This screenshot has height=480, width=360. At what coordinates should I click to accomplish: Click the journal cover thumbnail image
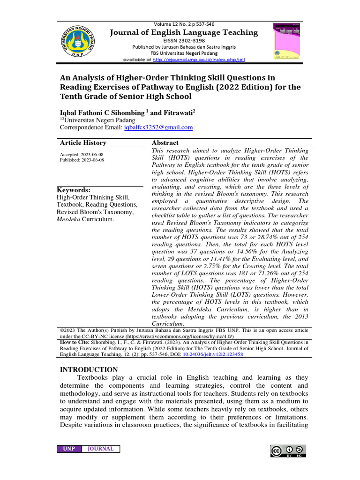point(286,41)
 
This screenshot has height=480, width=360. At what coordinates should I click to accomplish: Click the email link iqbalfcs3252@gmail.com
point(158,127)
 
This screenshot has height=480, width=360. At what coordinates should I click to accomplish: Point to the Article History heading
point(83,143)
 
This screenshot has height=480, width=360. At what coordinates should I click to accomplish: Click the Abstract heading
point(165,143)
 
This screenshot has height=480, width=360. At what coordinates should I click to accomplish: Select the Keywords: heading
point(74,190)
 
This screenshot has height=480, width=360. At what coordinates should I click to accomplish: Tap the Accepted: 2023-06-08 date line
point(82,155)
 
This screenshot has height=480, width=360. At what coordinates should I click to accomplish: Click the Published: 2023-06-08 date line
point(82,160)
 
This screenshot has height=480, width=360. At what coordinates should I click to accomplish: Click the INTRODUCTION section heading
point(89,370)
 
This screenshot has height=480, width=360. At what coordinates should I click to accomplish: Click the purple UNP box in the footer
point(69,449)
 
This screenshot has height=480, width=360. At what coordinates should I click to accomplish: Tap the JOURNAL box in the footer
point(100,449)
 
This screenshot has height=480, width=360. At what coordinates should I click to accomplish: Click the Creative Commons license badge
point(288,451)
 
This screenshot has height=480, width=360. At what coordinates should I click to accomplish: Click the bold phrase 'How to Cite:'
point(76,343)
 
